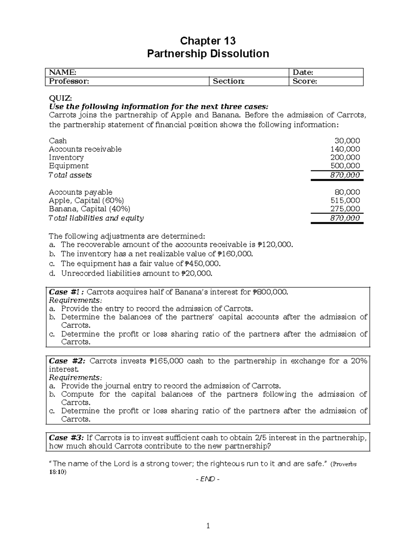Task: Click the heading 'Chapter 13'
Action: point(208,41)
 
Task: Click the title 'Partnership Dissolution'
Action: point(208,54)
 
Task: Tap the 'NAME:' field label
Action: point(62,72)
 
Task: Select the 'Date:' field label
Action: point(303,72)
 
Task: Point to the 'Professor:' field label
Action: point(69,81)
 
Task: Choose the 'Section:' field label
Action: point(228,81)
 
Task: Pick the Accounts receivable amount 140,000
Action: point(345,149)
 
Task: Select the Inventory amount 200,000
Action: point(345,157)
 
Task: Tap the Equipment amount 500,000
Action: point(345,166)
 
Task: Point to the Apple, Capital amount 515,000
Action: point(345,200)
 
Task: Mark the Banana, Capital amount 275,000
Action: point(345,209)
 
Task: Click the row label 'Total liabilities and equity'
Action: point(96,218)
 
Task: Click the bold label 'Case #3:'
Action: point(67,438)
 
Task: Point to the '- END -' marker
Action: point(208,479)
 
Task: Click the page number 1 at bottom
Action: point(208,526)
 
